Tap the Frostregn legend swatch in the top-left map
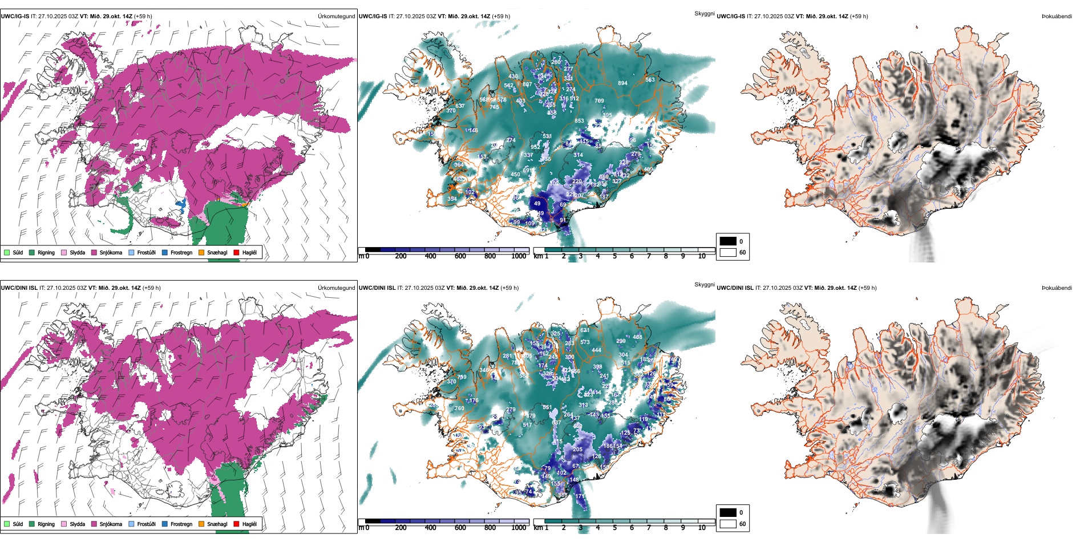click(165, 253)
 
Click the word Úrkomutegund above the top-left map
click(336, 17)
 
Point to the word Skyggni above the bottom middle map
click(704, 285)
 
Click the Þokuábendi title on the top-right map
click(1057, 17)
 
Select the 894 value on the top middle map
click(622, 83)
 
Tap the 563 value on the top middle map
click(650, 80)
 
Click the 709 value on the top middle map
click(599, 101)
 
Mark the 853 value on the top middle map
click(579, 121)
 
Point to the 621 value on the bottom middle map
click(585, 330)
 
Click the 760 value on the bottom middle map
click(459, 408)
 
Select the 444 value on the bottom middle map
click(596, 351)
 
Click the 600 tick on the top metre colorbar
click(460, 256)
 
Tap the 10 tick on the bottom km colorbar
click(702, 528)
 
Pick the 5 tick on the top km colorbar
click(615, 256)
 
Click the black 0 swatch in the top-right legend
click(728, 241)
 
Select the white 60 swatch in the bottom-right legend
click(728, 524)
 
